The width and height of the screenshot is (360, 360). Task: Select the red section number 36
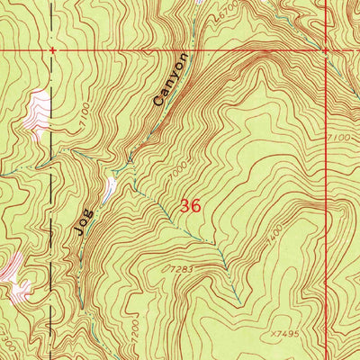click(x=190, y=205)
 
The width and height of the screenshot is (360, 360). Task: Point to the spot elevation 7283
click(x=180, y=268)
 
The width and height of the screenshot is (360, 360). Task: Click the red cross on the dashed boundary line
click(x=53, y=51)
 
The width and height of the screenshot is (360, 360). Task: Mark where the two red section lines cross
click(x=324, y=51)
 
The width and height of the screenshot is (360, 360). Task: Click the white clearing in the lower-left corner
click(x=13, y=270)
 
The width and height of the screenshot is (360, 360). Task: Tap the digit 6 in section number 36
click(x=195, y=205)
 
